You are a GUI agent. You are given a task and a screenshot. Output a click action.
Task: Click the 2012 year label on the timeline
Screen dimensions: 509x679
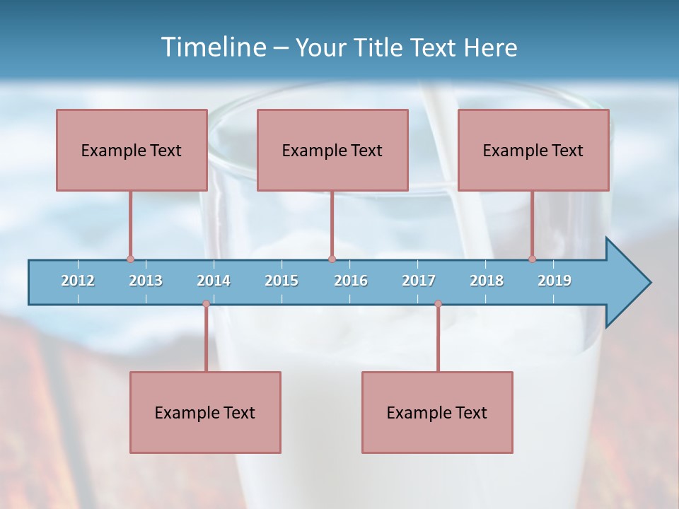[x=78, y=281]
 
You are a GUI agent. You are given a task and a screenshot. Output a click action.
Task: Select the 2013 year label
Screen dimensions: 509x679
[x=146, y=281]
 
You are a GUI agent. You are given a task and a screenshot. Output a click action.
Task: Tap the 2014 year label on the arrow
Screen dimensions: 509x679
[x=214, y=281]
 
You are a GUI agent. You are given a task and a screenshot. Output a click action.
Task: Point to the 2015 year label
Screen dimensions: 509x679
[x=282, y=281]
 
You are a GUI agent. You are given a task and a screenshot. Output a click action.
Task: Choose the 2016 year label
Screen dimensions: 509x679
[x=351, y=281]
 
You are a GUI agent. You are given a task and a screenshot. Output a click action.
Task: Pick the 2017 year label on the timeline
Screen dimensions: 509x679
[x=419, y=281]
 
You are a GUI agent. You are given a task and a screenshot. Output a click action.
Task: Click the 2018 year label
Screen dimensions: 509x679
[x=487, y=281]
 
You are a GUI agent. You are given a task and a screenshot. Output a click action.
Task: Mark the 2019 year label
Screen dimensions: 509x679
[x=555, y=281]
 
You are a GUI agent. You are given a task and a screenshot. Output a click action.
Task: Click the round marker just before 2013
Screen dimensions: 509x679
[x=130, y=259]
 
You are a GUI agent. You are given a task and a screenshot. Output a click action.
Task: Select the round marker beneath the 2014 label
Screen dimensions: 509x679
[x=206, y=304]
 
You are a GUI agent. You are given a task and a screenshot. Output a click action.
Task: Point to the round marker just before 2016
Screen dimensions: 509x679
[x=332, y=259]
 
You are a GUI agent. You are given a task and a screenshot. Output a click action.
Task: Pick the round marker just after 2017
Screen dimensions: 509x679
[x=438, y=304]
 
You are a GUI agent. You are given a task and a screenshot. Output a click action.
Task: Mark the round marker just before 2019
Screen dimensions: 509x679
[x=532, y=259]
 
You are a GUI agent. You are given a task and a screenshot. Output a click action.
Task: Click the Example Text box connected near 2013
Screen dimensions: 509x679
[x=132, y=150]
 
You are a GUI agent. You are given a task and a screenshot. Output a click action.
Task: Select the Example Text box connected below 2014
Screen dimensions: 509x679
[x=205, y=412]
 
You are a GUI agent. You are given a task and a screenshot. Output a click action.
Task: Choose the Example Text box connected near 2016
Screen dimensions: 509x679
[x=332, y=150]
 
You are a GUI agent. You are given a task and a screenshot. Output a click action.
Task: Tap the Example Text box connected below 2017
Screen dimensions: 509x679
[x=437, y=412]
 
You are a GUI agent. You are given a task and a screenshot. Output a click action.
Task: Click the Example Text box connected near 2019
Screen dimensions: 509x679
[x=533, y=150]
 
